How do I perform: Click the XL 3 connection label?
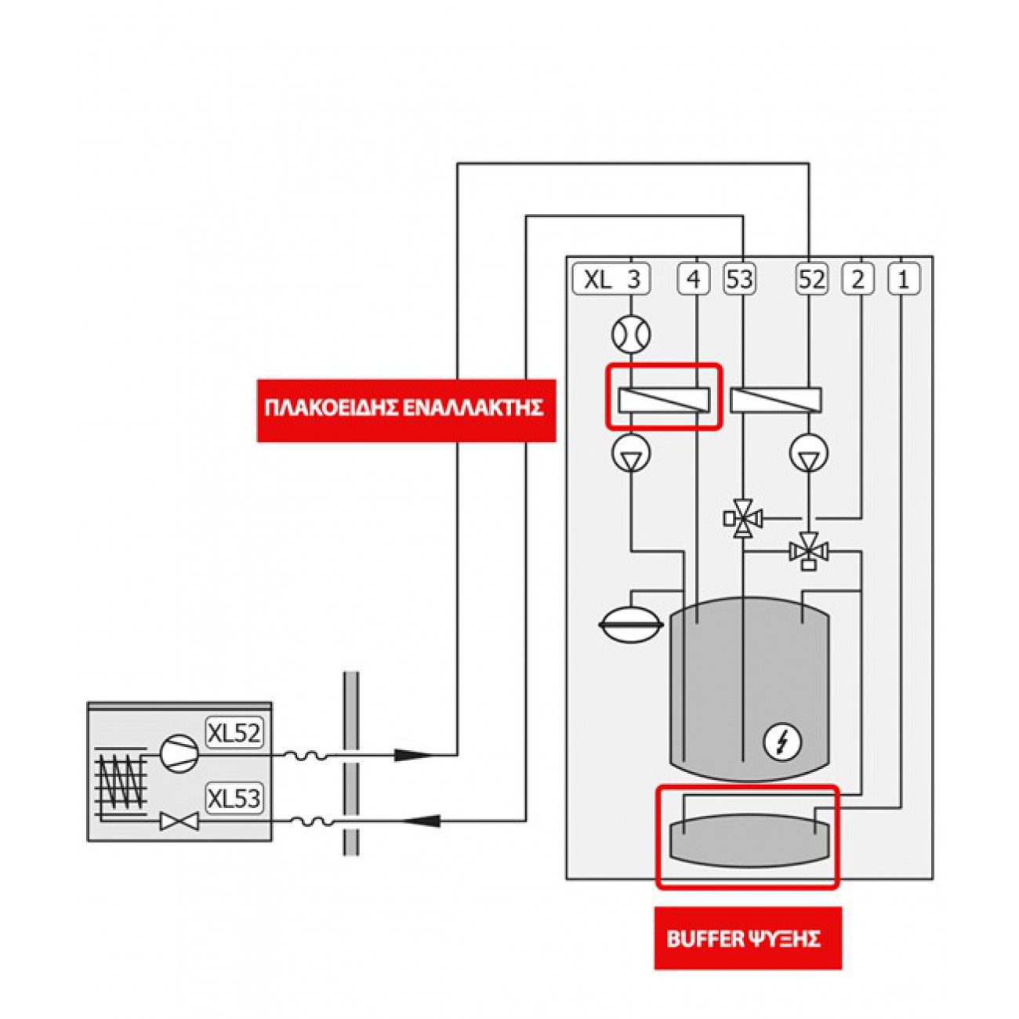611,279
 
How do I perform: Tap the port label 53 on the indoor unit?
739,279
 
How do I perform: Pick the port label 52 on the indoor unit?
811,279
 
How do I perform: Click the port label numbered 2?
858,279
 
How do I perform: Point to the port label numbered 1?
903,279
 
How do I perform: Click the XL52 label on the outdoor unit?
234,734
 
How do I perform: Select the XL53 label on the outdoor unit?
234,798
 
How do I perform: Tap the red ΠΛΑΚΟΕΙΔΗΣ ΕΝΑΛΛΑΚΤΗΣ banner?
405,410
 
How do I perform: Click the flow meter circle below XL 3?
631,334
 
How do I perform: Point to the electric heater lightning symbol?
781,743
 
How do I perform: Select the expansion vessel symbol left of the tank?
631,624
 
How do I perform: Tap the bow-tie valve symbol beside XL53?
180,821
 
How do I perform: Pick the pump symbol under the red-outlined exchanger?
631,453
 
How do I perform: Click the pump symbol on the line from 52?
808,453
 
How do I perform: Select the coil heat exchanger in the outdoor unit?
121,781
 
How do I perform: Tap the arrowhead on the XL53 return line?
422,821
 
